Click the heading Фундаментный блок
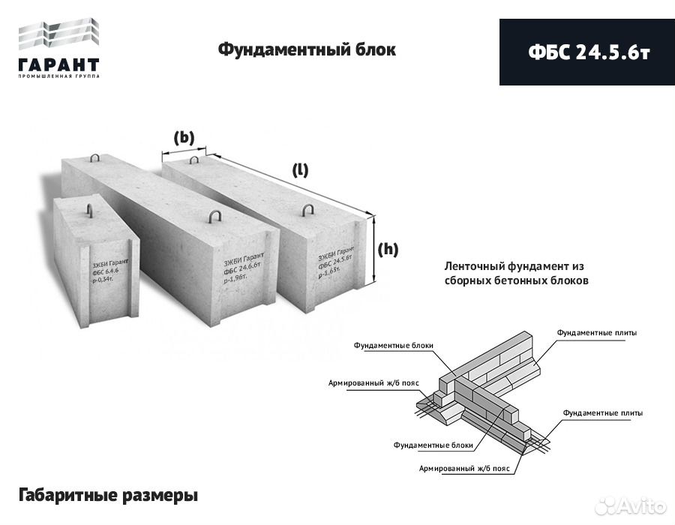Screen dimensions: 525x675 tap(306, 50)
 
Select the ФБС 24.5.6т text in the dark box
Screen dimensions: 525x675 tap(587, 52)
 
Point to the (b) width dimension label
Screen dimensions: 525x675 tap(184, 137)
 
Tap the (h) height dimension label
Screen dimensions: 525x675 tap(388, 250)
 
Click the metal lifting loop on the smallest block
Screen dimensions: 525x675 tap(89, 211)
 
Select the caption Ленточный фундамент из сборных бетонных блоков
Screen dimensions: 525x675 tap(516, 274)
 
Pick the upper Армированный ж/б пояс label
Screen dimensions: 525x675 tap(373, 382)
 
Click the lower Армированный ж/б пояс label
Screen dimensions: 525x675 tap(465, 468)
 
